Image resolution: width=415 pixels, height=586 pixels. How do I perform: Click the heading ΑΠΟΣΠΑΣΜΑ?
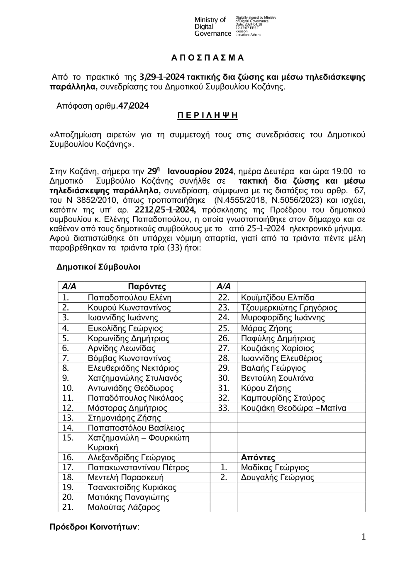[207, 58]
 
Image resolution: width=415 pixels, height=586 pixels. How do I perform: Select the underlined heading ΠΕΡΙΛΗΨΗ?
[207, 116]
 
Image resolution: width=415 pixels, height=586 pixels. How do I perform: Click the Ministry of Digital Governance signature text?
[212, 27]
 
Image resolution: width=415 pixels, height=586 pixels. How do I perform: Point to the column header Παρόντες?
[147, 287]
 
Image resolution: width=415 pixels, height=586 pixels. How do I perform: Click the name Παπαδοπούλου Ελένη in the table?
[129, 297]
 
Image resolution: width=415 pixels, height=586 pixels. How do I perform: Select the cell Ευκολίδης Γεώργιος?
[125, 328]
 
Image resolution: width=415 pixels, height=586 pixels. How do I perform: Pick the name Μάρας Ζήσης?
[266, 328]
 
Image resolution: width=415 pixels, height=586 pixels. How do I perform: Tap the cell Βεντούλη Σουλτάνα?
[277, 378]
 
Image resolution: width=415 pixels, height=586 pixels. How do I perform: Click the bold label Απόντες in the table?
[258, 457]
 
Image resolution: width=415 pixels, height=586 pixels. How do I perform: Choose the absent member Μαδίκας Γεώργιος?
[275, 467]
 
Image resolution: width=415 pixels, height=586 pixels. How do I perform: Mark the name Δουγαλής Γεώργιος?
[277, 477]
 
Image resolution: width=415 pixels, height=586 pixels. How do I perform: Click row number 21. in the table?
[68, 507]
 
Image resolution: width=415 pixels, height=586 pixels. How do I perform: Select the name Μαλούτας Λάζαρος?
[124, 507]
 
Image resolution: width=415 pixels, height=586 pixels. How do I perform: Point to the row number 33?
[224, 408]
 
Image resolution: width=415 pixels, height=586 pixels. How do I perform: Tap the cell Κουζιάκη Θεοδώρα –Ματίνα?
[293, 408]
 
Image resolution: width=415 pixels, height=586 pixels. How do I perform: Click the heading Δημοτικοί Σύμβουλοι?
[98, 267]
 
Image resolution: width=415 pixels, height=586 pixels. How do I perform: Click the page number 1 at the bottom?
[364, 537]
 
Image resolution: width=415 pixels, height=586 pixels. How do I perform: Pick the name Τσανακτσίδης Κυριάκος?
[132, 487]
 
